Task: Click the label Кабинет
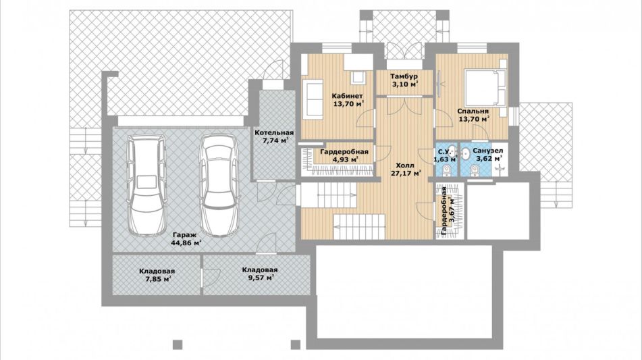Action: tap(347, 96)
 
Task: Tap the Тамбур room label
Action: tap(404, 76)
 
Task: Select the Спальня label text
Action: tap(473, 111)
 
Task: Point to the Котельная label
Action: tap(274, 132)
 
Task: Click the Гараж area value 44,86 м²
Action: tap(187, 243)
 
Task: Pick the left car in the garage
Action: tap(146, 185)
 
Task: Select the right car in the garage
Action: tap(218, 185)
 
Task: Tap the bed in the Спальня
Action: tap(485, 88)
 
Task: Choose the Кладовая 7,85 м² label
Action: tap(157, 275)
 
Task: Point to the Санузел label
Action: tap(487, 155)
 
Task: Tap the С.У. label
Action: tap(444, 155)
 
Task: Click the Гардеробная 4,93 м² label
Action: tap(344, 155)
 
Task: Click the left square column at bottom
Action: tap(177, 345)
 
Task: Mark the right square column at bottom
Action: tap(296, 345)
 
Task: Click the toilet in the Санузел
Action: tap(475, 170)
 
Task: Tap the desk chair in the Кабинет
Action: tap(358, 78)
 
